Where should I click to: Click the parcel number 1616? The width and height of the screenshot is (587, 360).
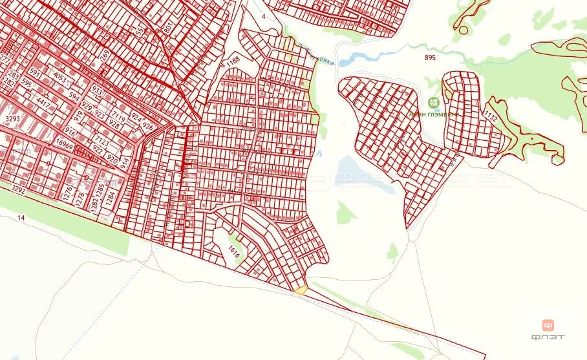pyautogui.click(x=234, y=253)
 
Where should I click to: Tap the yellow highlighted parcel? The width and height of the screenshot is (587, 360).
pyautogui.click(x=300, y=289)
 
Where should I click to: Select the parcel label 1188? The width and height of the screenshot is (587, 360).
pyautogui.click(x=233, y=62)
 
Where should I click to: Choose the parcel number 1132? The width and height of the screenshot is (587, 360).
pyautogui.click(x=490, y=118)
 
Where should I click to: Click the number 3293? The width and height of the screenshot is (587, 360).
pyautogui.click(x=13, y=120)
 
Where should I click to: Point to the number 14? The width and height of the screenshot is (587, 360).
pyautogui.click(x=21, y=218)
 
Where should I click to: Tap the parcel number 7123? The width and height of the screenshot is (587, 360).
pyautogui.click(x=101, y=140)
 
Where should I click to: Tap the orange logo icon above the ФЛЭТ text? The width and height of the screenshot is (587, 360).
pyautogui.click(x=547, y=325)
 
